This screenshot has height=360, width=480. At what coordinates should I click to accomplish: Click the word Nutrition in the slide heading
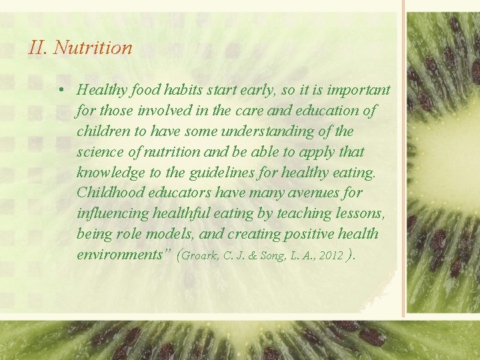pyautogui.click(x=93, y=48)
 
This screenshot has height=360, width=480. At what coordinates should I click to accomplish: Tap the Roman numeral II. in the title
pyautogui.click(x=39, y=48)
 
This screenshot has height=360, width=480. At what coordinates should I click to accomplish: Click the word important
pyautogui.click(x=357, y=89)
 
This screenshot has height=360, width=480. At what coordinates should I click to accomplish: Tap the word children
pyautogui.click(x=99, y=131)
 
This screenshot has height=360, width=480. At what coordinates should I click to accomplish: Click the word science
pyautogui.click(x=100, y=151)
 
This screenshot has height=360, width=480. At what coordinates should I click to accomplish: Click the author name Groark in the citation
pyautogui.click(x=201, y=256)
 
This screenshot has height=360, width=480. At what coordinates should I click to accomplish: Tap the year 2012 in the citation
pyautogui.click(x=332, y=256)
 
